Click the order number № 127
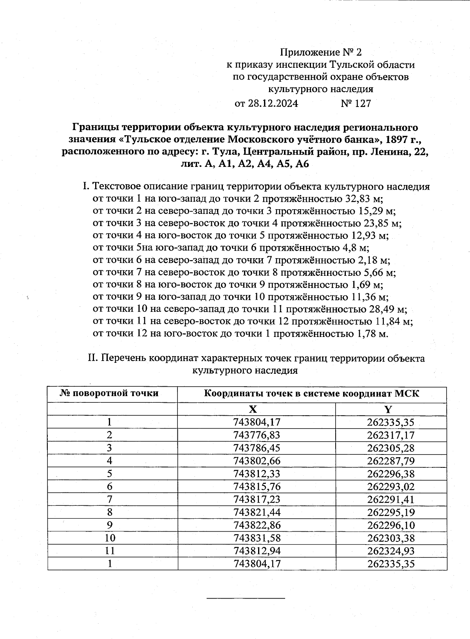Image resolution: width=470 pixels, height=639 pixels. [356, 103]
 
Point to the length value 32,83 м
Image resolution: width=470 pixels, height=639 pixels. [364, 199]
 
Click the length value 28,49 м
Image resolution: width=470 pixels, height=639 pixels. [388, 310]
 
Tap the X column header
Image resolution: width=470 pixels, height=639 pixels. [253, 409]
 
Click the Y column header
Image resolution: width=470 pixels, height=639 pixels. [387, 409]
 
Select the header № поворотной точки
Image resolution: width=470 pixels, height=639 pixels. [109, 393]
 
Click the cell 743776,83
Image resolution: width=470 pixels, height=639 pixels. [257, 435]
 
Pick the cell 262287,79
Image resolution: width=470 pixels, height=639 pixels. [391, 461]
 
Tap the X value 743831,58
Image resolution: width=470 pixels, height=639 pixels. [257, 538]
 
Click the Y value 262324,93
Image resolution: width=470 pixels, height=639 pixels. [391, 551]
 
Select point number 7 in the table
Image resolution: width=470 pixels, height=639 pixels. [109, 500]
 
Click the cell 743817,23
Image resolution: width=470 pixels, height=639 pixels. [257, 500]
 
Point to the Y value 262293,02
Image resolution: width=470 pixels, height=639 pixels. [391, 487]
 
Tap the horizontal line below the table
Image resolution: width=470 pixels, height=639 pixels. [246, 598]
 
